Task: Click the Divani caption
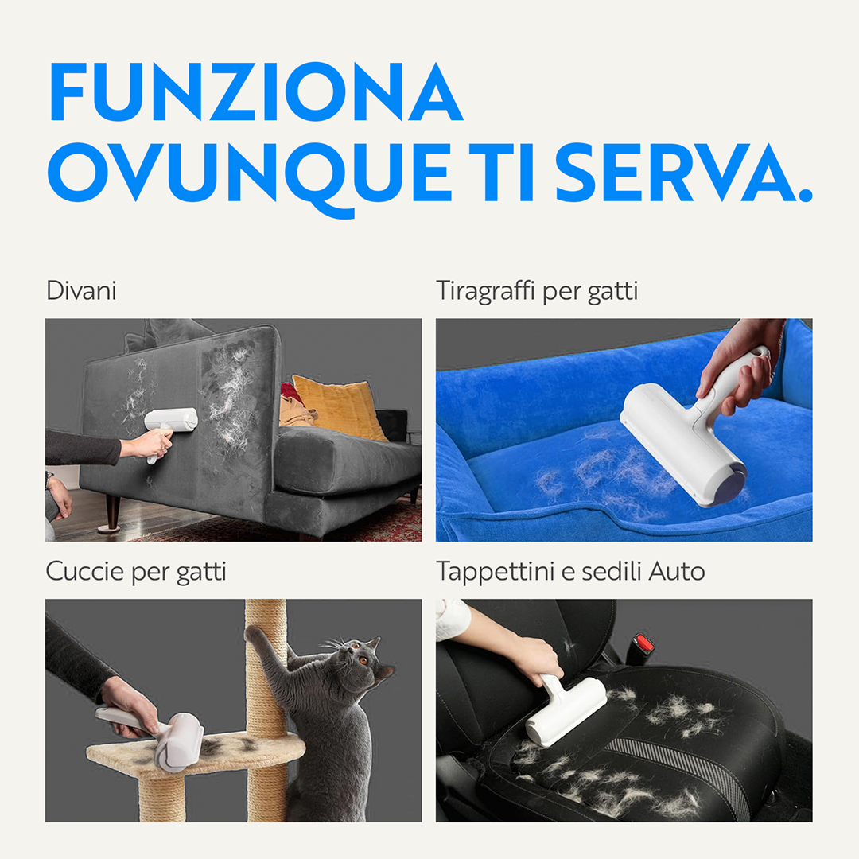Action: (81, 290)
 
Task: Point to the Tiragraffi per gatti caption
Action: (537, 291)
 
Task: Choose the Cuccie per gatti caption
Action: (136, 571)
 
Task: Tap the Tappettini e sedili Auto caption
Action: (570, 571)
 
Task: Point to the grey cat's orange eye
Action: (363, 661)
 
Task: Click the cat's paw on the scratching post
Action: (255, 634)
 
